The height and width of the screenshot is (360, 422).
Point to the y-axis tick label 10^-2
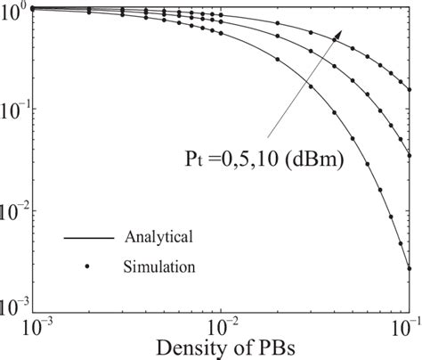point(17,210)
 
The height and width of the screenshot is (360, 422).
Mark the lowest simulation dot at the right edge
point(409,267)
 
